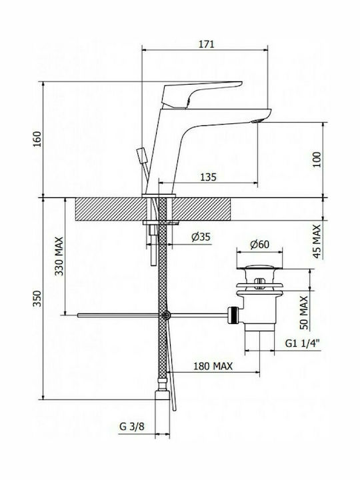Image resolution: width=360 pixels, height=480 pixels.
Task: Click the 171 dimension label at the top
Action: coord(207,44)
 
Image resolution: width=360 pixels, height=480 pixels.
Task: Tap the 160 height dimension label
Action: coord(37,139)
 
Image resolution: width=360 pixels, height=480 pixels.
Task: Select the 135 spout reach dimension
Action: coord(208,177)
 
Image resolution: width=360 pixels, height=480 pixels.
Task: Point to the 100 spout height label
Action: coord(317,159)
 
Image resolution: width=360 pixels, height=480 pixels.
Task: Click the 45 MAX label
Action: coord(317,241)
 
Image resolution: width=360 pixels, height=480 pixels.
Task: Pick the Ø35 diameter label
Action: coord(201,237)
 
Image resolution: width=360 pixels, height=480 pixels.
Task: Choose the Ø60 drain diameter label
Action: coord(259,244)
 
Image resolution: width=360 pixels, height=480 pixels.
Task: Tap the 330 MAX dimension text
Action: coord(59,256)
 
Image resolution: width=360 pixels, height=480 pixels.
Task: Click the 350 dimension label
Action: coord(37,299)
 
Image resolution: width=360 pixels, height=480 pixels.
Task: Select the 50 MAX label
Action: coord(304,313)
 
